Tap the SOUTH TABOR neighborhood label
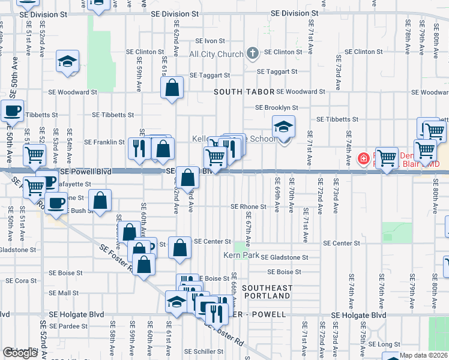tap(244, 92)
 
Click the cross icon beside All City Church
tap(253, 53)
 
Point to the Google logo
tap(20, 353)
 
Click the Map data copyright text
tap(424, 355)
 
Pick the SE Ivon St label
tap(209, 41)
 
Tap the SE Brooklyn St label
tap(277, 107)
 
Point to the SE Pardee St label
tap(68, 326)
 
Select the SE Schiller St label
tap(203, 352)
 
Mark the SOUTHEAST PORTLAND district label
tap(267, 292)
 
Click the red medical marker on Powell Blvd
tap(363, 159)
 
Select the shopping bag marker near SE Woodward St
tap(172, 88)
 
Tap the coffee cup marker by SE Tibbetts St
tap(12, 110)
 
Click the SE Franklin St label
tap(104, 142)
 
